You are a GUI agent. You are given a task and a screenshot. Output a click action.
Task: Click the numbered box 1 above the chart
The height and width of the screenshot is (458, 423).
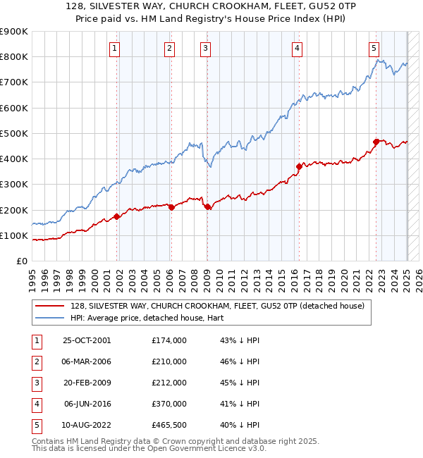pos(114,49)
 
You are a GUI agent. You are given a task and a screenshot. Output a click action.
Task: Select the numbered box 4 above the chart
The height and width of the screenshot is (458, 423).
pos(297,49)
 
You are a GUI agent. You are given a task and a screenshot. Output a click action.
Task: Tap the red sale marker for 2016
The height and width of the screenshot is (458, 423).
pos(299,166)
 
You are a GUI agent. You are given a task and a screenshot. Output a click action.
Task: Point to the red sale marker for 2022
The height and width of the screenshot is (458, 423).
pos(376,142)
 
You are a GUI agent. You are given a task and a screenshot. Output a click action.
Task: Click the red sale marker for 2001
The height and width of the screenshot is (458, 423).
pos(117,216)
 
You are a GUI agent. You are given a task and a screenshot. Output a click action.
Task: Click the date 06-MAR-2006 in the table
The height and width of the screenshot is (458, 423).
pos(87,361)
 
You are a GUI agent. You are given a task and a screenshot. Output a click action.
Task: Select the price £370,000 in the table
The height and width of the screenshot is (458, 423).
pos(169,404)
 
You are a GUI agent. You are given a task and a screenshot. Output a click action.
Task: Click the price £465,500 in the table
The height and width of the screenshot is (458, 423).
pos(169,425)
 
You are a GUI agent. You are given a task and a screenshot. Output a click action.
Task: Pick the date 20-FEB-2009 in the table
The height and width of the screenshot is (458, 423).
pos(87,383)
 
